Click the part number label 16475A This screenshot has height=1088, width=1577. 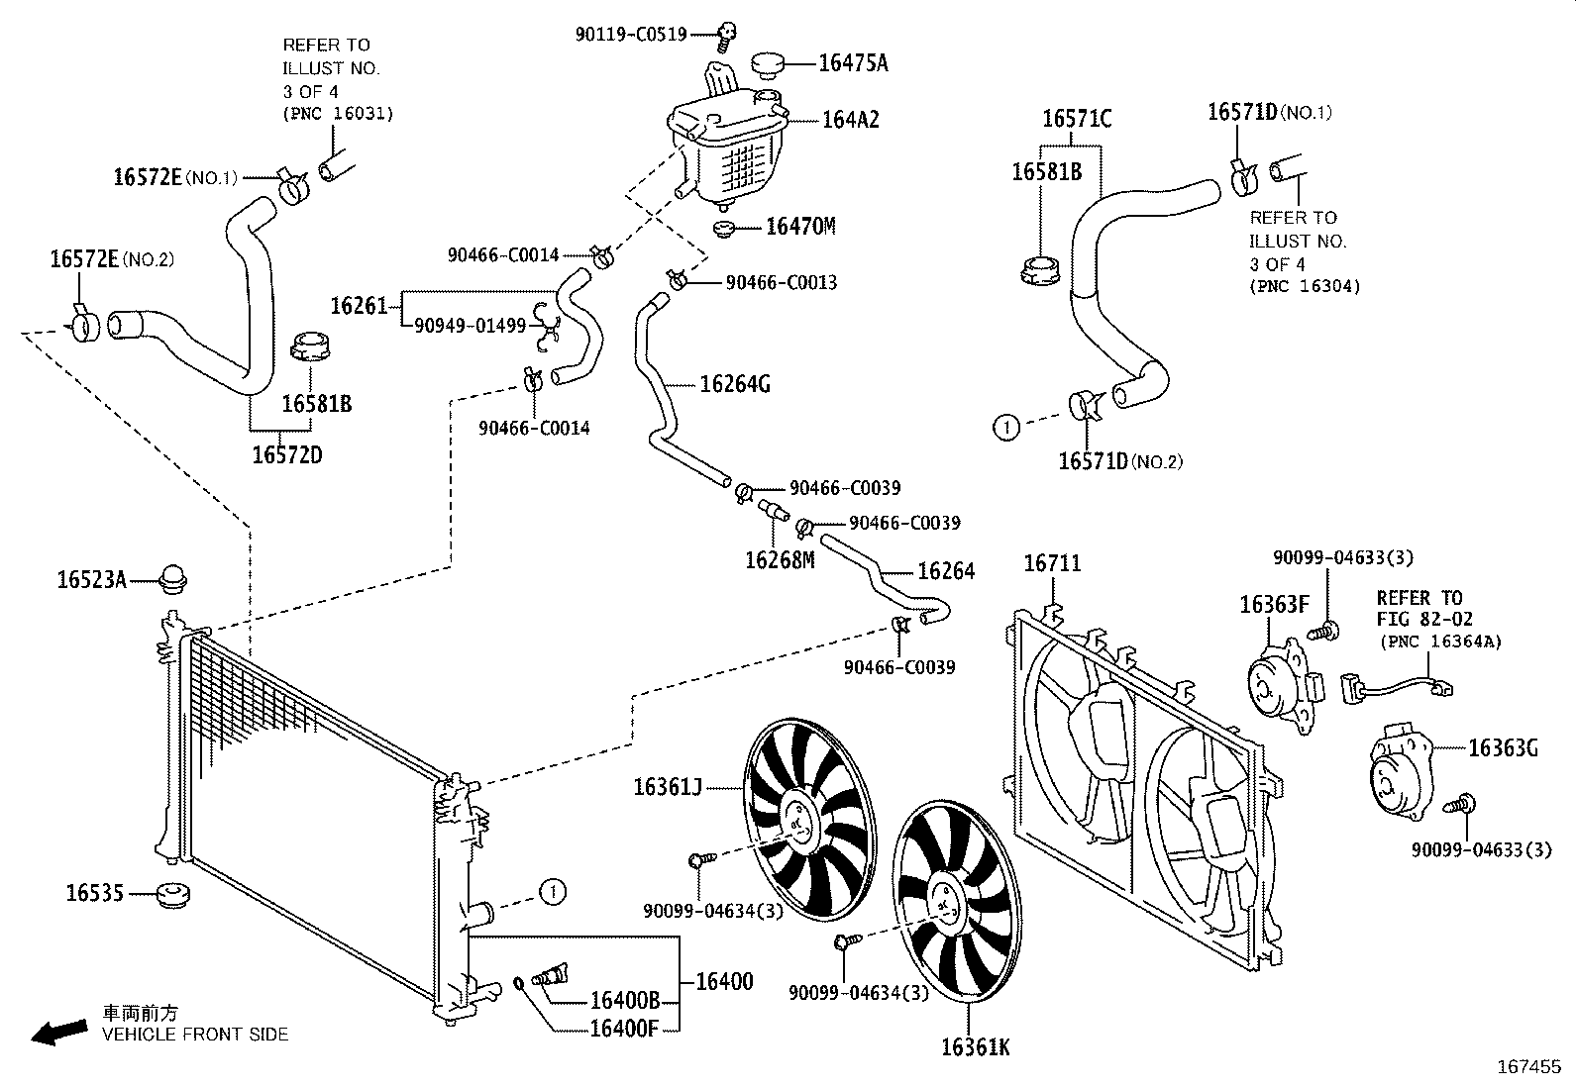(852, 63)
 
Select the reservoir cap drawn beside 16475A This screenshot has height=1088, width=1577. (767, 65)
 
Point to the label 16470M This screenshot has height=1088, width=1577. (800, 226)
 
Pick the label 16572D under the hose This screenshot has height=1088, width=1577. (286, 455)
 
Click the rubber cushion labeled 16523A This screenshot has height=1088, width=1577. (174, 579)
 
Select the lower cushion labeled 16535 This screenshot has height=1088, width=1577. (173, 896)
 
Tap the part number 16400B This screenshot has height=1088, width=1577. (624, 1001)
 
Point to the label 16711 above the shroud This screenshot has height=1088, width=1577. (1052, 563)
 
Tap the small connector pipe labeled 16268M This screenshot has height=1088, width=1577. (773, 511)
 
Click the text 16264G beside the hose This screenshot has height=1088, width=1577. (734, 384)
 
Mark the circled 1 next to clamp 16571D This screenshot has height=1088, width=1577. (1005, 428)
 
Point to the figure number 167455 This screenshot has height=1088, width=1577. (1527, 1068)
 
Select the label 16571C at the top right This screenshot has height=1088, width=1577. (1076, 120)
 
